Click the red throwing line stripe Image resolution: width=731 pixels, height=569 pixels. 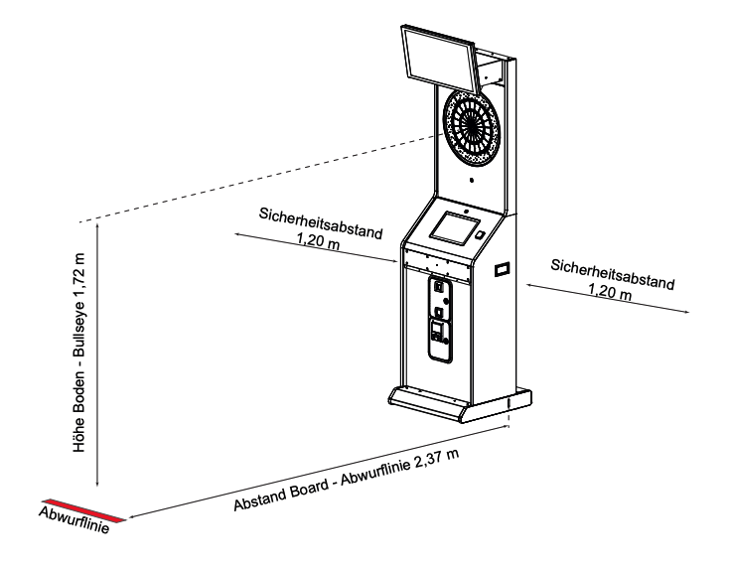(x=83, y=509)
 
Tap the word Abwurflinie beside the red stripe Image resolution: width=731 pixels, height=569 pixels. (x=73, y=520)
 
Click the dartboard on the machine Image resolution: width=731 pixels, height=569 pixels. (x=470, y=129)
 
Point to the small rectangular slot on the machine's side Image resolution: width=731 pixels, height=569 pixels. (x=502, y=268)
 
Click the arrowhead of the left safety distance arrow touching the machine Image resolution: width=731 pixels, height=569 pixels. (x=395, y=263)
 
